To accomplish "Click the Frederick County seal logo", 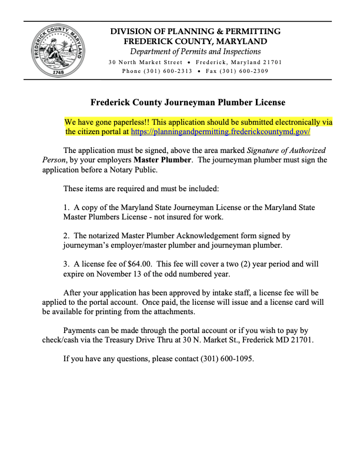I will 57,51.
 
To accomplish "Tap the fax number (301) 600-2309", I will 244,71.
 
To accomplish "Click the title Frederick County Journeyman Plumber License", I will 188,102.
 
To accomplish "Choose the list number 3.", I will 66,264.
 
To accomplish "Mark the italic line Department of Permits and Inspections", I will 195,52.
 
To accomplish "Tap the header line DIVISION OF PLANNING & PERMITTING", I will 195,31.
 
